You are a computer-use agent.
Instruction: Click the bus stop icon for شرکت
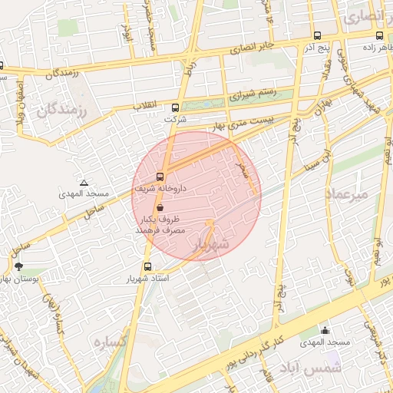coord(175,107)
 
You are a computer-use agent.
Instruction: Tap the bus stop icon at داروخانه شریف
coord(160,175)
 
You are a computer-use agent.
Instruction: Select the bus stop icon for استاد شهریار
coord(136,266)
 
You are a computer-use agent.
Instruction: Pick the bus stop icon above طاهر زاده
coord(379,35)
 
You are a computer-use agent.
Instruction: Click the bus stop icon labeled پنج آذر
coord(317,35)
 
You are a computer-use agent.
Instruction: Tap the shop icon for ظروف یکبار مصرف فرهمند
coord(160,207)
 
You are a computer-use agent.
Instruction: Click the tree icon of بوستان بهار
coord(18,266)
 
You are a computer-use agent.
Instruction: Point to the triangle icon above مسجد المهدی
coord(84,183)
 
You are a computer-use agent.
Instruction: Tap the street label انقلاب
coord(146,104)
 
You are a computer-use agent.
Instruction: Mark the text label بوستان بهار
coord(23,279)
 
